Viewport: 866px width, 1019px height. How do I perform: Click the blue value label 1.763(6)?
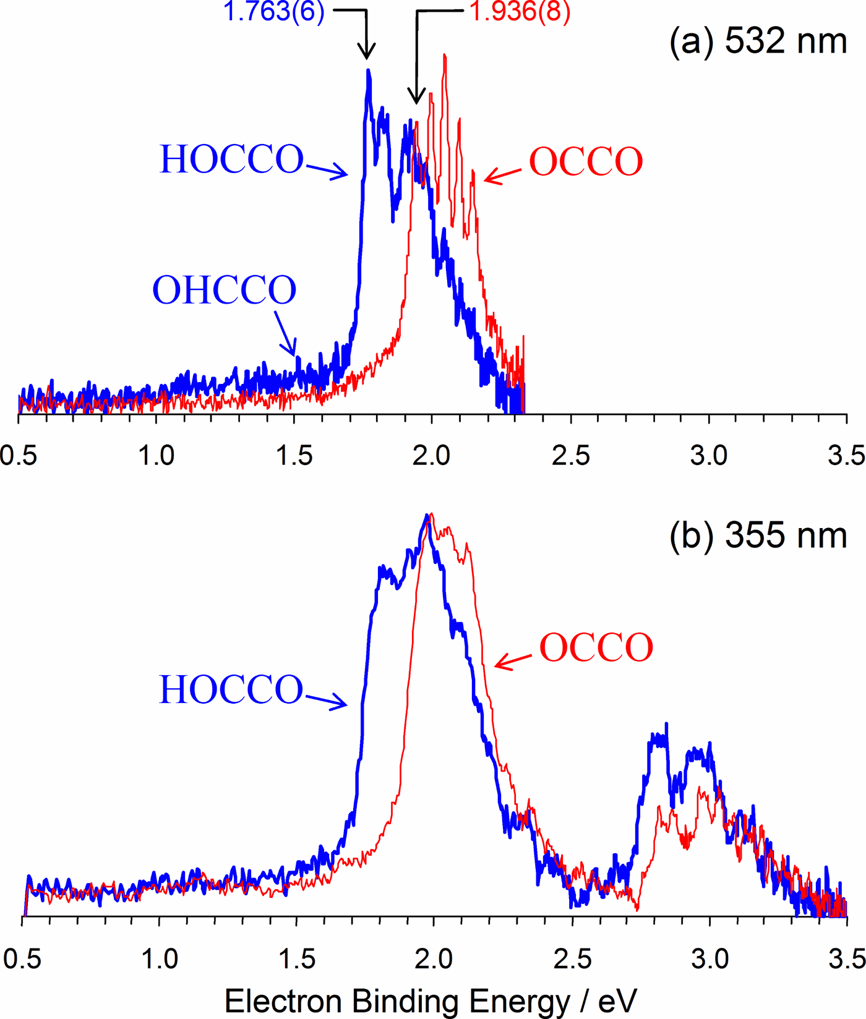tap(273, 12)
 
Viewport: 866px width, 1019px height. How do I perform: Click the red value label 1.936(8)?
tap(520, 12)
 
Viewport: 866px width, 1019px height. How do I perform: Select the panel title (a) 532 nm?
tap(758, 42)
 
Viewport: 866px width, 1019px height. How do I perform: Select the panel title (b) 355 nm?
tap(758, 535)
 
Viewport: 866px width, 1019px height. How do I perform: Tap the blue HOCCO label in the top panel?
tap(232, 160)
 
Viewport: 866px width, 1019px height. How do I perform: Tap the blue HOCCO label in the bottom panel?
tap(231, 689)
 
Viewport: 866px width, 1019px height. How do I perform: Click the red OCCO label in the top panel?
tap(586, 162)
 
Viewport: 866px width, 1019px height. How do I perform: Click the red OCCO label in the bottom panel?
tap(596, 648)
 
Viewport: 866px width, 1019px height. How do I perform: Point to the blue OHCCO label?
tap(225, 290)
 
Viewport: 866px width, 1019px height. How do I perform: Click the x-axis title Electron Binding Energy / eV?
tap(431, 1000)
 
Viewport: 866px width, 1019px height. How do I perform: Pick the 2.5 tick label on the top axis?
tap(570, 456)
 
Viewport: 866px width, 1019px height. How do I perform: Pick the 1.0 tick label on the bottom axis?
tap(160, 959)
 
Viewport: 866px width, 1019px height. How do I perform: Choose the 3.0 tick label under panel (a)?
tap(708, 456)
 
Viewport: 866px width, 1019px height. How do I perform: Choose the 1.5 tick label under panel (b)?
tap(297, 959)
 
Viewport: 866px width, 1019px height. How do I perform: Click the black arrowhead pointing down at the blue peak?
tap(367, 51)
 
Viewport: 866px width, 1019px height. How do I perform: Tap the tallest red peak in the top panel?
tap(445, 57)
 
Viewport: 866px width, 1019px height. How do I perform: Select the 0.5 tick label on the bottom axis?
tap(22, 959)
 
